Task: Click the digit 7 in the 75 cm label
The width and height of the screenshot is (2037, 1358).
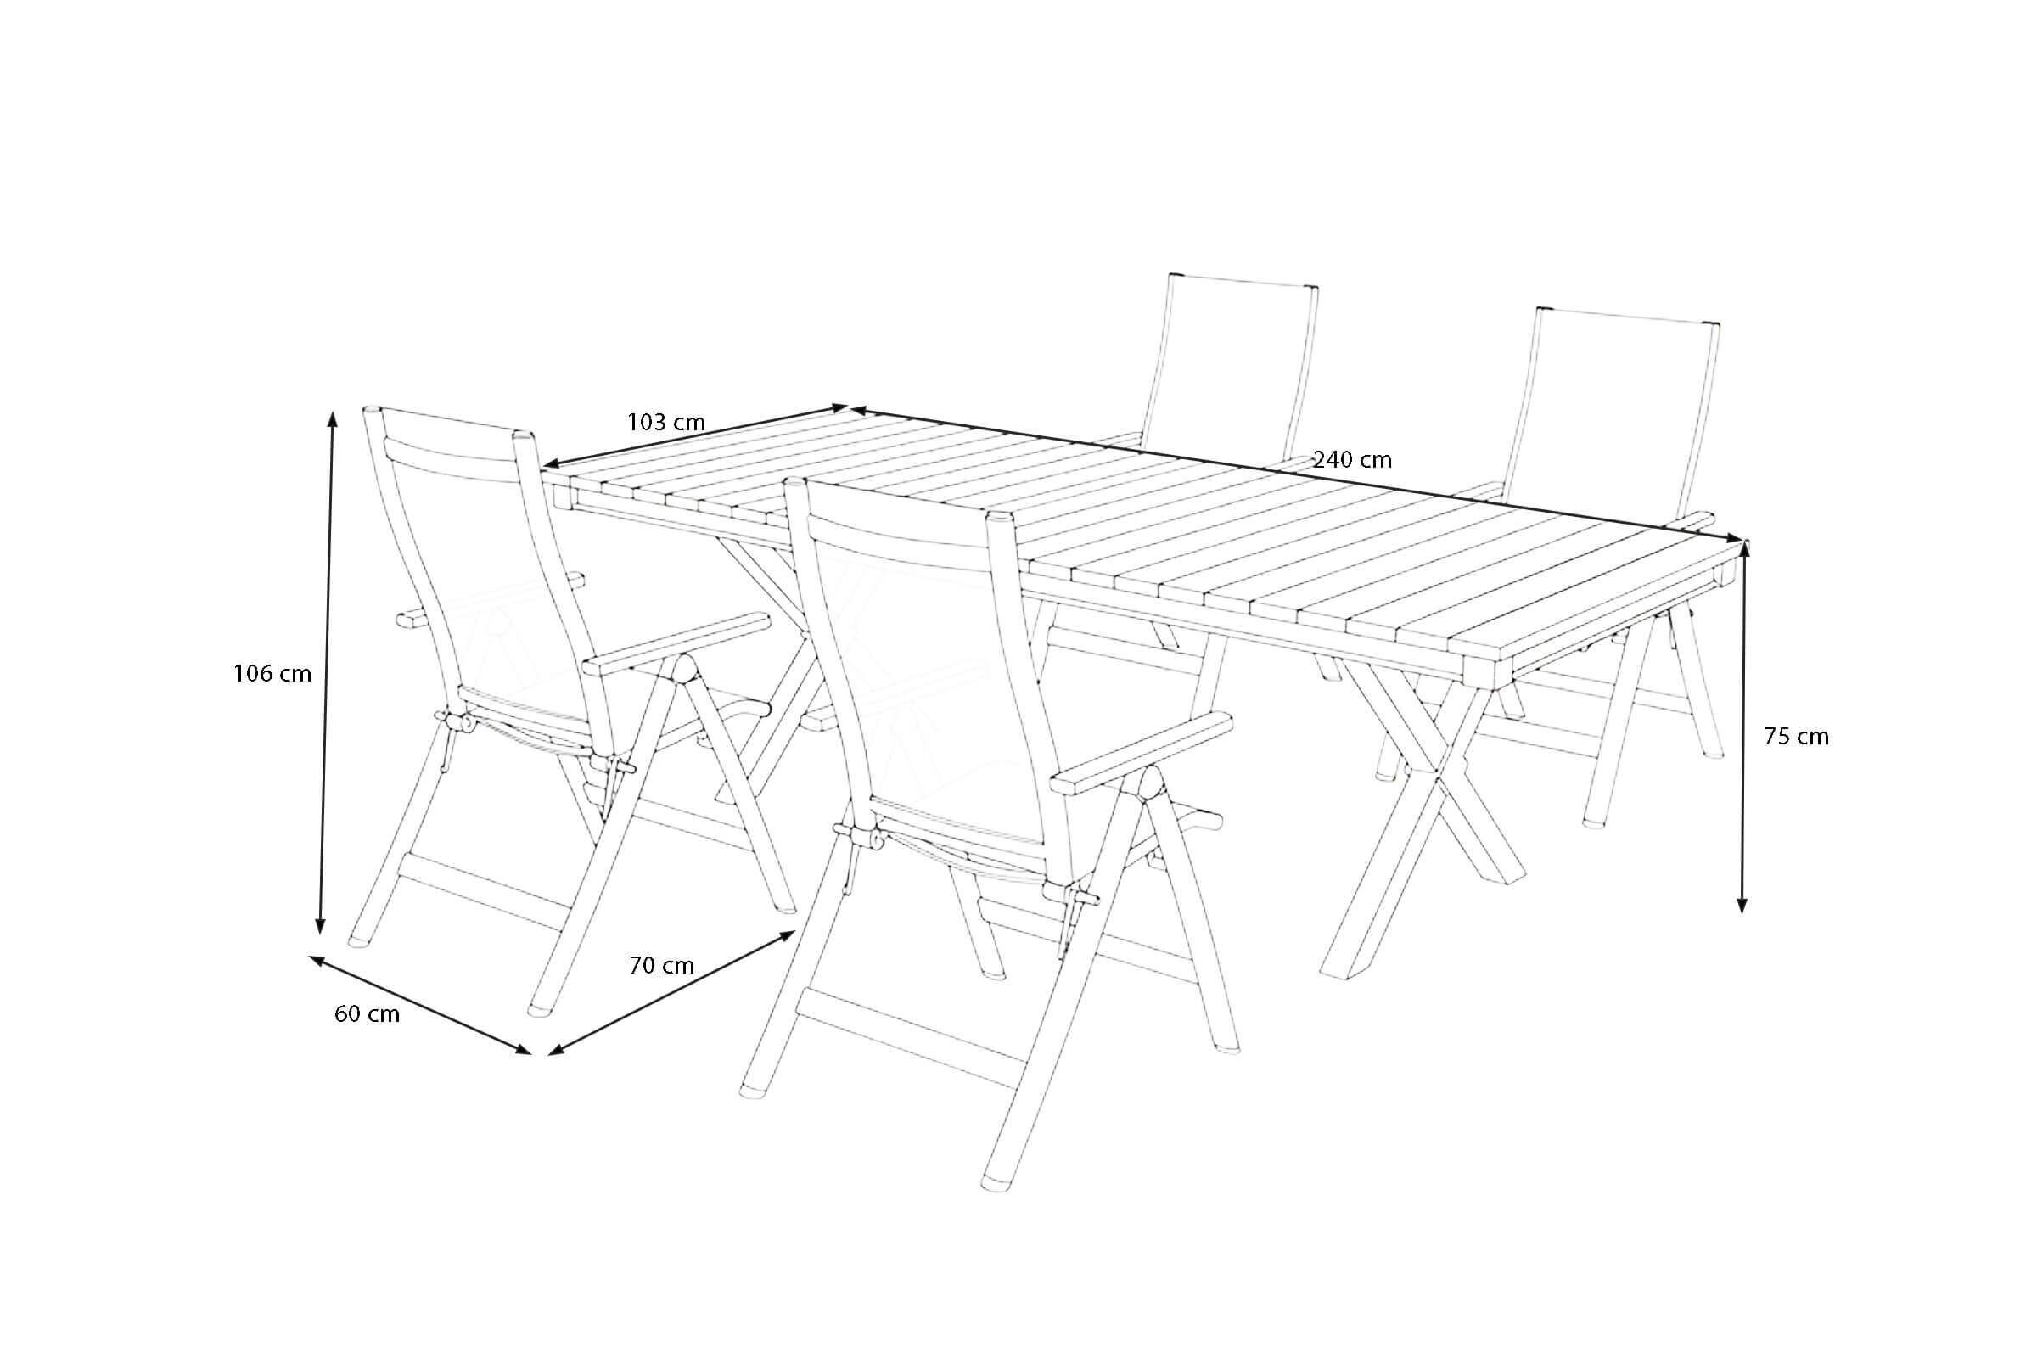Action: (x=1771, y=737)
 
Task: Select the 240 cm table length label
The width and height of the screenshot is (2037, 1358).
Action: (x=1352, y=460)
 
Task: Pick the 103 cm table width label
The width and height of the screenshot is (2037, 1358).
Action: (x=666, y=423)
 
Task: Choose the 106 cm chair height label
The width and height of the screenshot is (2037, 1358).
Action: (x=272, y=673)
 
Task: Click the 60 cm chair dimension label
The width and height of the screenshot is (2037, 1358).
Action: (x=368, y=1014)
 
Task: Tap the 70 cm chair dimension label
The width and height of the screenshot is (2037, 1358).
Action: (x=662, y=966)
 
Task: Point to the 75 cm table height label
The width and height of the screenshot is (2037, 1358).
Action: (x=1796, y=737)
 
